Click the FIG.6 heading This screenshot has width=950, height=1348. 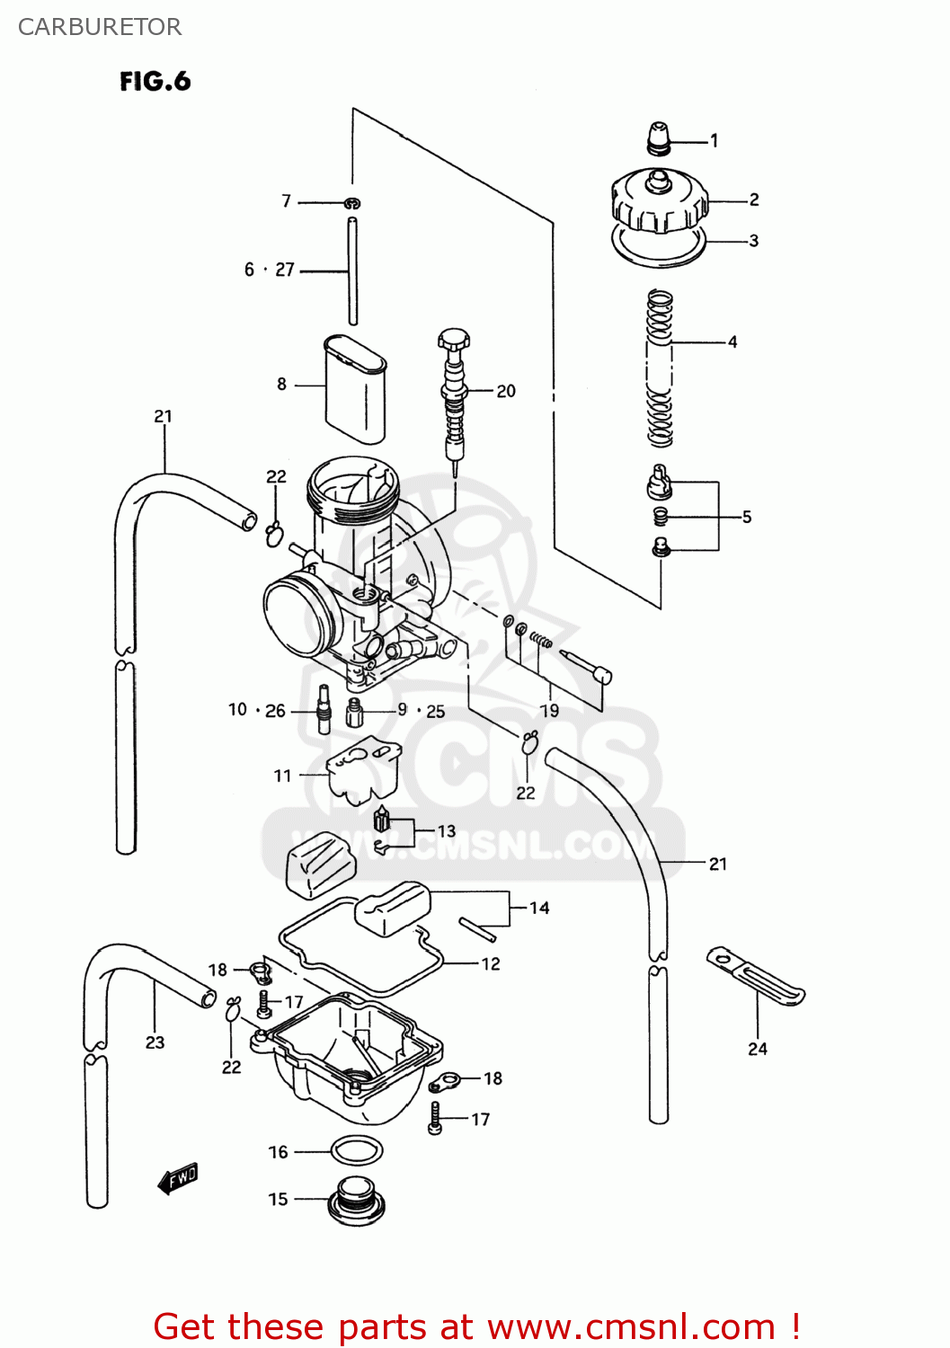[x=155, y=82]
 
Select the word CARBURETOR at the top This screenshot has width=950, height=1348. [x=100, y=27]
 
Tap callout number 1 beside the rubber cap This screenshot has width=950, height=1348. [x=714, y=141]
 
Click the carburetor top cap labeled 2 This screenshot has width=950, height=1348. [x=659, y=201]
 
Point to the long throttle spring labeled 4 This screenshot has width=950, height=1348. [x=661, y=368]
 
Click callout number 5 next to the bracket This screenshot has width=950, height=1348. [x=746, y=517]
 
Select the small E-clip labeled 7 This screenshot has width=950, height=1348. [x=352, y=203]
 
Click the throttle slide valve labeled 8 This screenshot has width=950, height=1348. [x=355, y=390]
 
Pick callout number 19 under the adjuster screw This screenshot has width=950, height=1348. [x=548, y=711]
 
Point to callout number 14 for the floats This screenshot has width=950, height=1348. [x=539, y=908]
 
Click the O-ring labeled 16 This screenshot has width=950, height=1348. [x=357, y=1151]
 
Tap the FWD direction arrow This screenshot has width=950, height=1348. [x=178, y=1178]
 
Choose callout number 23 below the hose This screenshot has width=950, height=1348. [x=155, y=1042]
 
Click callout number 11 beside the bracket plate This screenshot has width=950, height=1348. [x=282, y=776]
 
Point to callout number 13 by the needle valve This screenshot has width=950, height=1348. [x=447, y=831]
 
